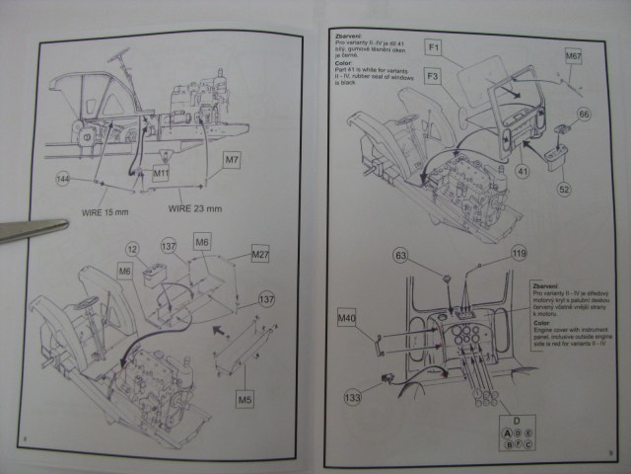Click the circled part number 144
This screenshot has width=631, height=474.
coord(63,179)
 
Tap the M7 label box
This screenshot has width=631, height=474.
coord(232,158)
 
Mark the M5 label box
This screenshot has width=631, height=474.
coord(245,399)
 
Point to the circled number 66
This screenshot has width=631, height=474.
coord(584,116)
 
